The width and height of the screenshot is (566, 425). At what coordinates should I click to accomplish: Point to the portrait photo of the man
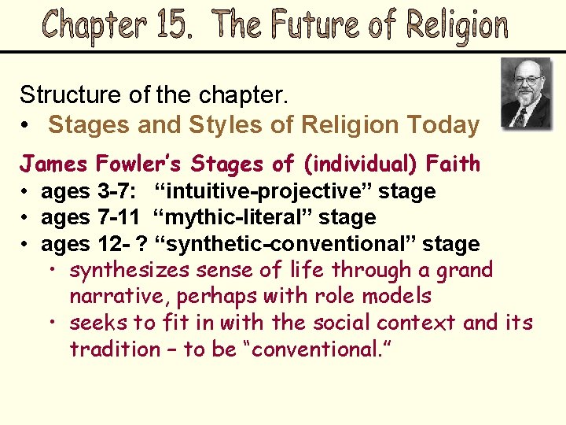(526, 94)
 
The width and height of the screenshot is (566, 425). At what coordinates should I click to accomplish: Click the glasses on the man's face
(526, 79)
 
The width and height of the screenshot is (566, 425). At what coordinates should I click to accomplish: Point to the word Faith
(453, 164)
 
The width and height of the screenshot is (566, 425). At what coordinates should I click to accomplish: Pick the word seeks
(94, 323)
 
